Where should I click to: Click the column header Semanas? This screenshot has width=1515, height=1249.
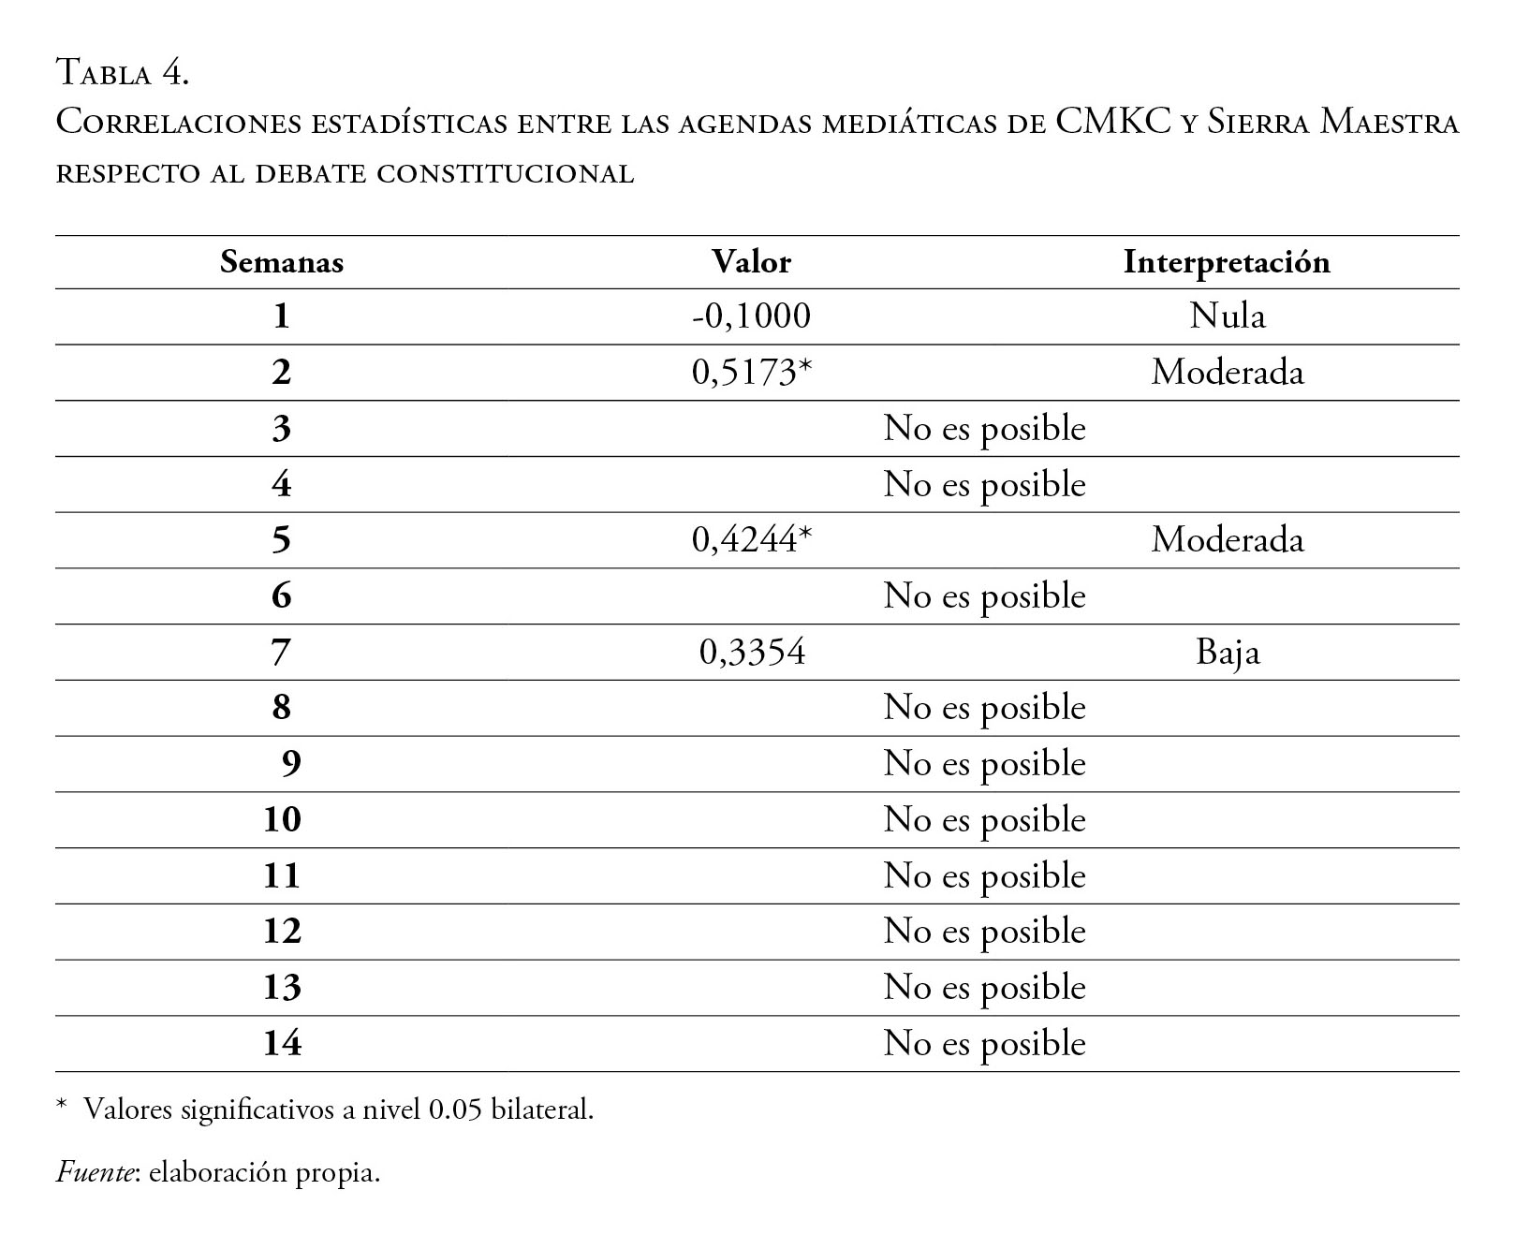281,262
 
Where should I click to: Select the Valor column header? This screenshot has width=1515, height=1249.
751,262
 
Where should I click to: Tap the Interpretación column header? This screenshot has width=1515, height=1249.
1227,262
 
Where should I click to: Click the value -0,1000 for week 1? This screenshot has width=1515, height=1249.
751,316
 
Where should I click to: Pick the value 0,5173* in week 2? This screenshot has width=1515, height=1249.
751,373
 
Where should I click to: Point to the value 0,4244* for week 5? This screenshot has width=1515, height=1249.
751,540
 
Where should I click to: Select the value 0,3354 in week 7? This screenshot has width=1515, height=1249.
752,653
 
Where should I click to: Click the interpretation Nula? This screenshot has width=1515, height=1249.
1227,316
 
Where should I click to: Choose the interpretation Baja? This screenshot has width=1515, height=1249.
1227,653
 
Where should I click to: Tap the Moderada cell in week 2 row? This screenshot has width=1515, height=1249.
1227,373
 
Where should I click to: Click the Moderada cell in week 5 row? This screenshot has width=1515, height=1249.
1227,540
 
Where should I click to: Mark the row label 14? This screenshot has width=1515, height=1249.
282,1044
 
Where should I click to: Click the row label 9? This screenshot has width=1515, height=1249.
290,764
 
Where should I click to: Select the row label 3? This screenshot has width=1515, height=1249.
282,429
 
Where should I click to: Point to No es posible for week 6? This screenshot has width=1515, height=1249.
984,596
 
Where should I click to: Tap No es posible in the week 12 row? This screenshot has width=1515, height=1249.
984,932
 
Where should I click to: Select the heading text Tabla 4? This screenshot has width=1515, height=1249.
123,72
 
